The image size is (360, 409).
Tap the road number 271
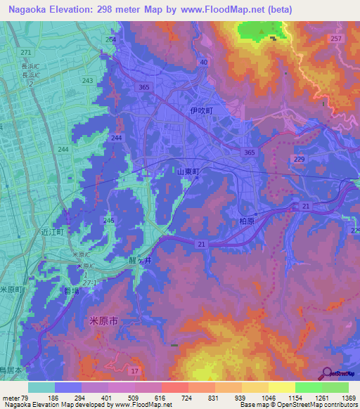[x=26, y=53]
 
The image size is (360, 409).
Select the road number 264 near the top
[x=110, y=40]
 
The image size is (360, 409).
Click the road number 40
[x=203, y=63]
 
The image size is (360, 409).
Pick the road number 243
[x=88, y=81]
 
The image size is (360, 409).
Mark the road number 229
[x=300, y=160]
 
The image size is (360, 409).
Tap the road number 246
[x=108, y=221]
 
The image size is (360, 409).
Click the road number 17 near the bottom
[x=135, y=370]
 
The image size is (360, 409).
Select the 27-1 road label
[x=90, y=282]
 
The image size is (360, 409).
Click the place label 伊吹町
[x=200, y=110]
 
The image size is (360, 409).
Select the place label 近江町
[x=52, y=231]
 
